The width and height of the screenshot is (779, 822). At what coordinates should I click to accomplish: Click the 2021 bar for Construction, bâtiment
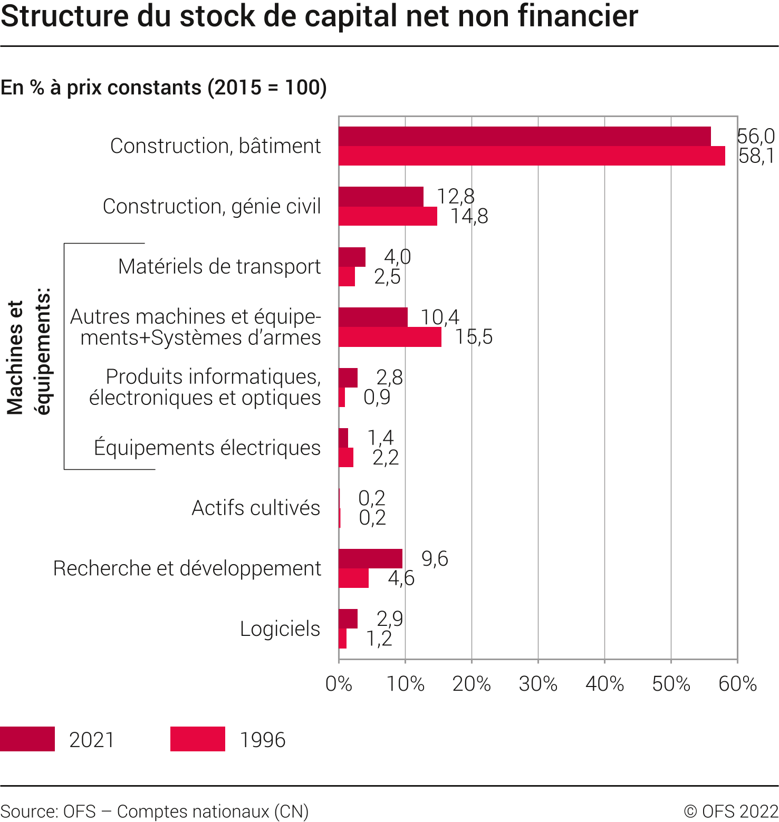click(524, 137)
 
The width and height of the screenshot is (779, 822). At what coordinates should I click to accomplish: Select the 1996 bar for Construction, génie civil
click(388, 216)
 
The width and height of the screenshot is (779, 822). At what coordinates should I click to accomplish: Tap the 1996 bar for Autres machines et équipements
click(390, 337)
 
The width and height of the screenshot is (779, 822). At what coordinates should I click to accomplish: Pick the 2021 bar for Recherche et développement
click(370, 558)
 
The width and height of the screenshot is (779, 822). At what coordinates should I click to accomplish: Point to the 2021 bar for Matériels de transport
click(352, 257)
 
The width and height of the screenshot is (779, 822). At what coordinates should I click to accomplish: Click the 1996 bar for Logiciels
click(342, 639)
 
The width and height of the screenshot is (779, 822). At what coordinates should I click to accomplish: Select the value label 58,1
click(756, 156)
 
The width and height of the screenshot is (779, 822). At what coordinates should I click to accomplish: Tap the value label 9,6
click(435, 558)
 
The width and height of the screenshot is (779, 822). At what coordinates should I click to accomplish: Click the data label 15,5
click(474, 337)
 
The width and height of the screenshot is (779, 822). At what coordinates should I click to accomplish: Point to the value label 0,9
click(377, 397)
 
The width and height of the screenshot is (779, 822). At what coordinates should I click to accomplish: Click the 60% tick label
click(737, 684)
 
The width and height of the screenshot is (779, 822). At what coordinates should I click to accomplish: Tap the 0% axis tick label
click(339, 684)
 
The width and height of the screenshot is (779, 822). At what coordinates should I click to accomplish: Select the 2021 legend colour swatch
click(27, 739)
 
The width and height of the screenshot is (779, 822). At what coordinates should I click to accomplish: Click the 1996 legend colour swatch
click(198, 739)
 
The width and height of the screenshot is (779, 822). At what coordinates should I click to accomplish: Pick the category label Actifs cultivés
click(256, 508)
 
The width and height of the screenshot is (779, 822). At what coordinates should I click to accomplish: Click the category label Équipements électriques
click(207, 448)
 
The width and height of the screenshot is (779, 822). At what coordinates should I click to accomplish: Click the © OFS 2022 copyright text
click(731, 811)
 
